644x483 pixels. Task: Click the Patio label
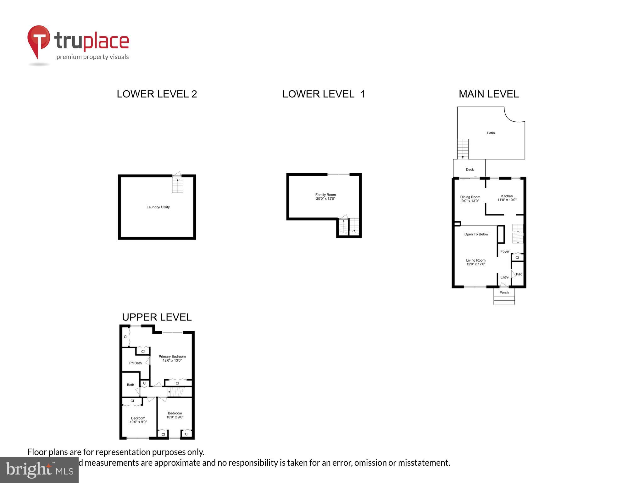[x=491, y=133]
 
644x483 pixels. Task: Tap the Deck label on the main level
[x=469, y=169]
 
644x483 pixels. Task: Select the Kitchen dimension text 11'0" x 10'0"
[x=507, y=200]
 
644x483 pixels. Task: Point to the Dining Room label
[x=470, y=197]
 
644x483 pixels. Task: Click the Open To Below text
[x=476, y=234]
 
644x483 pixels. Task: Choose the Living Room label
[x=475, y=260]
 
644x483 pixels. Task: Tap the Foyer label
[x=505, y=252]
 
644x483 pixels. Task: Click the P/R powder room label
[x=519, y=275]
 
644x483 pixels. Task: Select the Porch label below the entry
[x=504, y=292]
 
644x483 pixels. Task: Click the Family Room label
[x=325, y=195]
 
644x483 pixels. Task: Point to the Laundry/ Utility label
[x=158, y=207]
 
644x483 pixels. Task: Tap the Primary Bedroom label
[x=172, y=357]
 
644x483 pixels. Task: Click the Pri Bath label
[x=135, y=363]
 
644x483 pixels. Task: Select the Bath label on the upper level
[x=130, y=385]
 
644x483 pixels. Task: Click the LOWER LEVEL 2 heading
[x=157, y=94]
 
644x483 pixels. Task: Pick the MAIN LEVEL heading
[x=488, y=94]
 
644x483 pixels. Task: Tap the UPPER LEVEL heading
[x=157, y=317]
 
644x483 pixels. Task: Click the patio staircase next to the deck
[x=463, y=149]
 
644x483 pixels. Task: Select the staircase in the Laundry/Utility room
[x=177, y=185]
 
